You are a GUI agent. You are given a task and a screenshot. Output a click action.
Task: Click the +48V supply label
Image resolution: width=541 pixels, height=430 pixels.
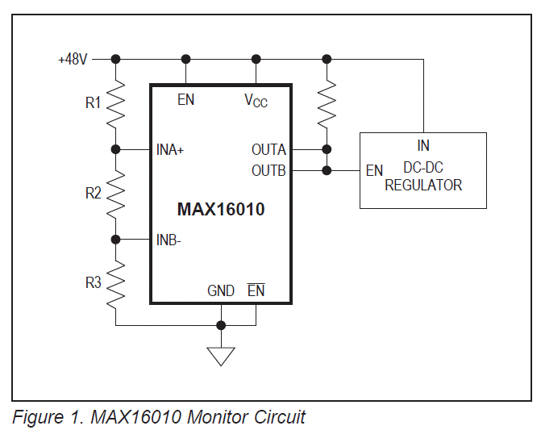pyautogui.click(x=73, y=60)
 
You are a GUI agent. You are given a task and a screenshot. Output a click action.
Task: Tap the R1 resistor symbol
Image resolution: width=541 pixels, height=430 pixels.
pyautogui.click(x=115, y=104)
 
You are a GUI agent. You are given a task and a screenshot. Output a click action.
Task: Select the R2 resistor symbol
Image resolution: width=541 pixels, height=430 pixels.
pyautogui.click(x=115, y=194)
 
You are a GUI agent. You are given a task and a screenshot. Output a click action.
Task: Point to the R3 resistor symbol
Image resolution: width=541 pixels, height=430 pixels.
pyautogui.click(x=115, y=284)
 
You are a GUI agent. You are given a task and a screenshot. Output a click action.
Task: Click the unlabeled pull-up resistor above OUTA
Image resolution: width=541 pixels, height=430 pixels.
pyautogui.click(x=327, y=104)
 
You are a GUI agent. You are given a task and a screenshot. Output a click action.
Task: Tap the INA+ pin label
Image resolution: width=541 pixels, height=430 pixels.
pyautogui.click(x=170, y=150)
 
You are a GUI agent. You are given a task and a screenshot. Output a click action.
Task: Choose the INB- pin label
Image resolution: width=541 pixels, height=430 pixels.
pyautogui.click(x=169, y=240)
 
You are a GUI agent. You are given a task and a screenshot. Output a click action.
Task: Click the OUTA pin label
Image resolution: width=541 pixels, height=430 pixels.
pyautogui.click(x=268, y=150)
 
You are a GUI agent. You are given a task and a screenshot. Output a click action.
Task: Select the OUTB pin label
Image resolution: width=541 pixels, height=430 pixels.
pyautogui.click(x=268, y=170)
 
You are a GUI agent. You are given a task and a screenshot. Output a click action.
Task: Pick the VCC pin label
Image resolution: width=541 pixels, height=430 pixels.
pyautogui.click(x=256, y=101)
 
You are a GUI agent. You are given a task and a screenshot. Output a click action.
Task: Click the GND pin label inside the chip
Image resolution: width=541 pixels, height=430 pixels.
pyautogui.click(x=221, y=290)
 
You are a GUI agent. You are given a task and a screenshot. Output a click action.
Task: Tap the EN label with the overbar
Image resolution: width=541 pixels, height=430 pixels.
pyautogui.click(x=256, y=290)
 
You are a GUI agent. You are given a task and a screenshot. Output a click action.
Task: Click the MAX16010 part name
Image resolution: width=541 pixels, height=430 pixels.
pyautogui.click(x=221, y=209)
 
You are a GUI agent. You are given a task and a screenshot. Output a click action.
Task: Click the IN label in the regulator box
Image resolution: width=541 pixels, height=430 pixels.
pyautogui.click(x=423, y=145)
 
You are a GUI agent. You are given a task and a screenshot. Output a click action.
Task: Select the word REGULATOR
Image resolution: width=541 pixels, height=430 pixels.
pyautogui.click(x=423, y=186)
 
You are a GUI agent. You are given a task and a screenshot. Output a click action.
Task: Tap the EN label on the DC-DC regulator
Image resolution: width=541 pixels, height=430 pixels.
pyautogui.click(x=374, y=170)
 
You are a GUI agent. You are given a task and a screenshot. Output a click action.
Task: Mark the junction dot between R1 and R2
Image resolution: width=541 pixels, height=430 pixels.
pyautogui.click(x=115, y=149)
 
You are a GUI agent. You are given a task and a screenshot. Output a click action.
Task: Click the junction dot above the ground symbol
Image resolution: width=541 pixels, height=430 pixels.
pyautogui.click(x=221, y=325)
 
